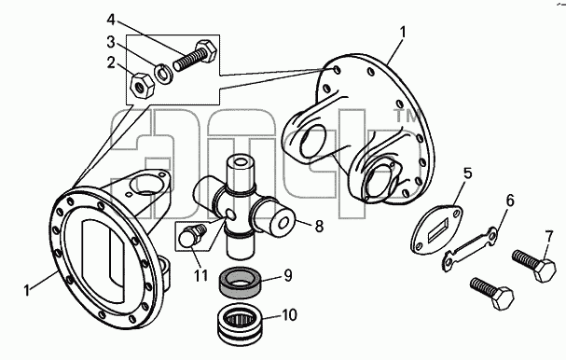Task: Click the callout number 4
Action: [111, 20]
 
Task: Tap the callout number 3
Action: [111, 42]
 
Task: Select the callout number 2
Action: [111, 62]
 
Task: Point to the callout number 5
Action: [467, 173]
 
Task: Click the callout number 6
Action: [510, 201]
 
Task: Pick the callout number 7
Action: [548, 237]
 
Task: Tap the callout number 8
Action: [319, 227]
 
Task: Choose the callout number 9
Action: [288, 275]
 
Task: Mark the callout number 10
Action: [289, 315]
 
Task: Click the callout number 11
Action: [200, 276]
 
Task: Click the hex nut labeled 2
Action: [143, 86]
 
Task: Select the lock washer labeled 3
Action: [163, 74]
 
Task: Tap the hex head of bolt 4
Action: [205, 49]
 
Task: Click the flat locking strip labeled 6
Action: [470, 248]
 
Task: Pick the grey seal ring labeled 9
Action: [241, 283]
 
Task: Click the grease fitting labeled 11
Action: [192, 237]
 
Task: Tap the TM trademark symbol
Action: [407, 116]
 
